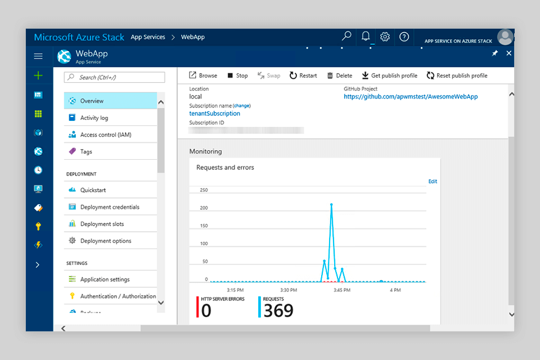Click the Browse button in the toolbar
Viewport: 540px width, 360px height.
[202, 75]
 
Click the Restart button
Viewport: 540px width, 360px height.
[303, 75]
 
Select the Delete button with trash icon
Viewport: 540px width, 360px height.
[340, 75]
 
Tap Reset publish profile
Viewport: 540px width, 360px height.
[457, 75]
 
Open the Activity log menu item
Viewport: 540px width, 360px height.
[94, 118]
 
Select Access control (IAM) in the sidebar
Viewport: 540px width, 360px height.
[106, 134]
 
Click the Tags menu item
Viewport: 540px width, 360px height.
[86, 151]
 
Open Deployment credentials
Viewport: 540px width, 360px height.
[110, 207]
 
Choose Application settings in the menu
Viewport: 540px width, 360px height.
[105, 279]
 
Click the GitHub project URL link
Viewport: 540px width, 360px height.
[411, 97]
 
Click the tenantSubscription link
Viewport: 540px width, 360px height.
[214, 114]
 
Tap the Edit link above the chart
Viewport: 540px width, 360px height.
[433, 181]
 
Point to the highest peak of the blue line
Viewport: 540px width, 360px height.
[331, 205]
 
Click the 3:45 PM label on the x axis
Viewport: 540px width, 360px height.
[341, 290]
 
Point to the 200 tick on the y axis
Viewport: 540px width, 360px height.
[204, 208]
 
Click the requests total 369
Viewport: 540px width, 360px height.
[278, 310]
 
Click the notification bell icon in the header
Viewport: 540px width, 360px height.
[366, 37]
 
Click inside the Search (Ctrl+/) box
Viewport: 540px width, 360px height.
[115, 77]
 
